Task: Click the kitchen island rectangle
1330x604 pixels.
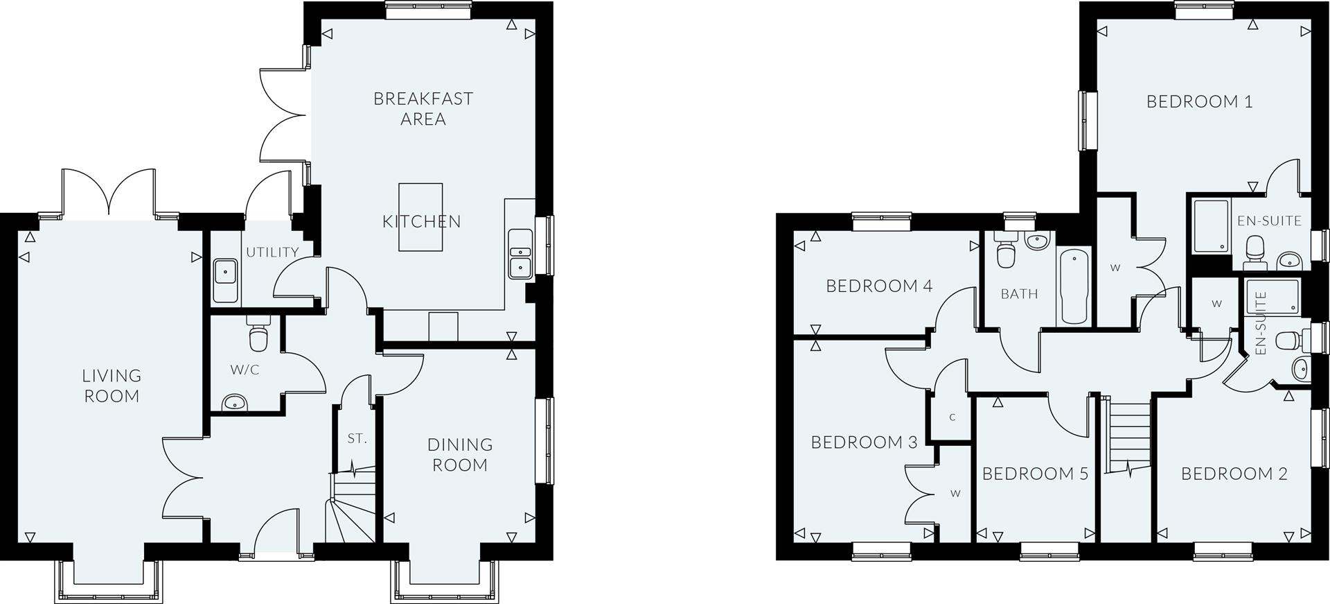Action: pos(420,216)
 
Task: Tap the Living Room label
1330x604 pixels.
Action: pos(112,386)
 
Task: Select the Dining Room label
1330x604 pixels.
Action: pos(460,454)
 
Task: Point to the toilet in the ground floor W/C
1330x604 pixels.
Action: pos(258,337)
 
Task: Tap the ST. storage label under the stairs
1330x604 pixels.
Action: pos(357,438)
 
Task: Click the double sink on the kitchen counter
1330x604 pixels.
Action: pos(520,252)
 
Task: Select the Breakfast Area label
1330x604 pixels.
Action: pos(423,108)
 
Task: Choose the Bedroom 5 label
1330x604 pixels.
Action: pos(1035,474)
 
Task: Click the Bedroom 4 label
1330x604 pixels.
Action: pos(879,286)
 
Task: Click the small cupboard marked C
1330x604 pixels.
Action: pos(952,417)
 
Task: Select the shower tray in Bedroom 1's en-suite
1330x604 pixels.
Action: pos(1210,225)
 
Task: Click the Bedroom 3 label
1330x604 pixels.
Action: pos(864,442)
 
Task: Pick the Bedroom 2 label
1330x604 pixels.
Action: pos(1234,474)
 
